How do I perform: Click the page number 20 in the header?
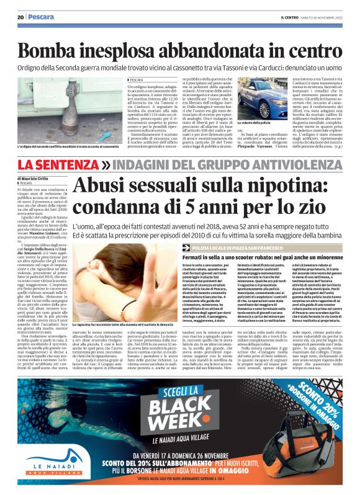coord(20,17)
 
